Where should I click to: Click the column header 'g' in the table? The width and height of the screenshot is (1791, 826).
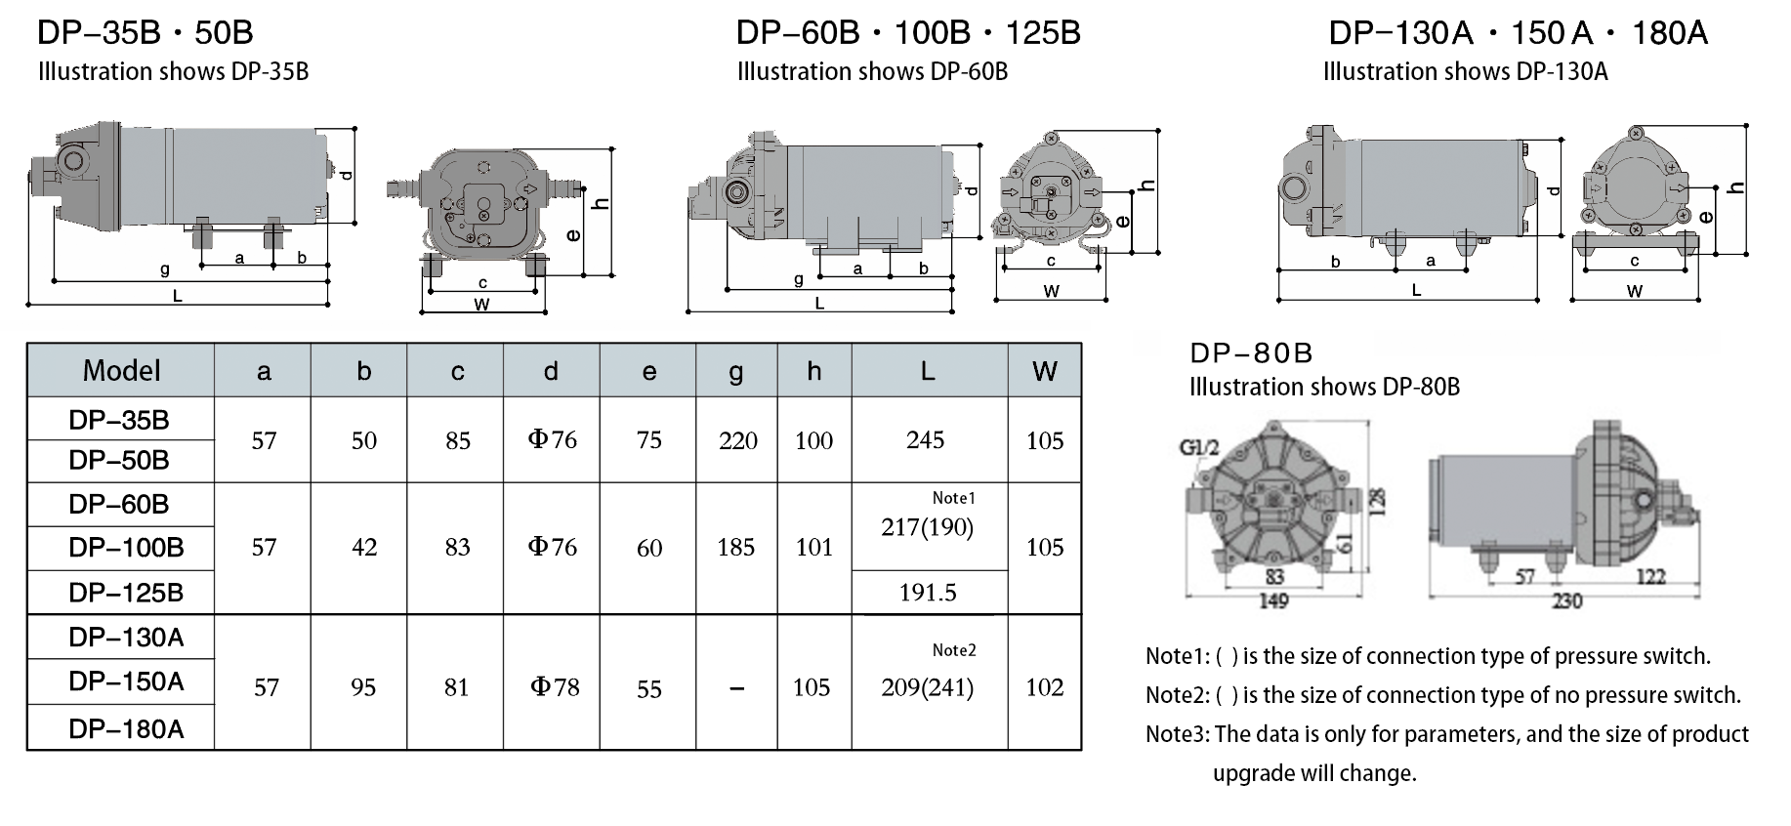tap(736, 372)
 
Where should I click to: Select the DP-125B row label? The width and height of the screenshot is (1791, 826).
tap(126, 593)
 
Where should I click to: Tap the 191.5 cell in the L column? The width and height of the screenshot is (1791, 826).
tap(928, 593)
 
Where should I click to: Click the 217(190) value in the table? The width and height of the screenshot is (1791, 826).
tap(927, 528)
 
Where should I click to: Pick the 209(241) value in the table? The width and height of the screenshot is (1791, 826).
tap(927, 687)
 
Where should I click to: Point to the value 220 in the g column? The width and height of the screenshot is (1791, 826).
tap(737, 441)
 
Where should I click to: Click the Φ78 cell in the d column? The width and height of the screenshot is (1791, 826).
tap(555, 687)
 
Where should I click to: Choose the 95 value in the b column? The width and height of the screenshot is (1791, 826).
tap(363, 687)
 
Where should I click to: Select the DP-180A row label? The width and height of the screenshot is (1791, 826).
tap(126, 729)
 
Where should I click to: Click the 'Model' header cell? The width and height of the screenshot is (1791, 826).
tap(121, 371)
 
